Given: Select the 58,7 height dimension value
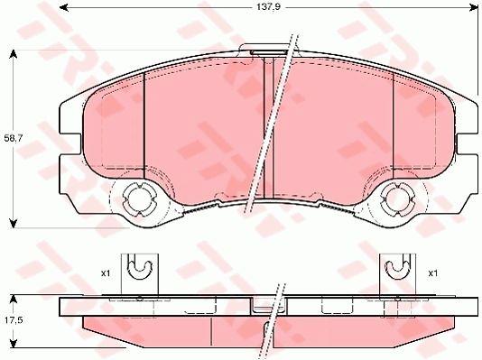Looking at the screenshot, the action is [x=12, y=138].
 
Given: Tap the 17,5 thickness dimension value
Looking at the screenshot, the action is [x=14, y=320].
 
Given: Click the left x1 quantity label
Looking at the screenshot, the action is [x=106, y=272].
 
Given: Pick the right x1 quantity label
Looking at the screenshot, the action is [x=433, y=272].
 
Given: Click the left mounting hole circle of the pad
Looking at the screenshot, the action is [x=137, y=199].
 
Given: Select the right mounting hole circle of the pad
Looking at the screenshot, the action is [x=396, y=199].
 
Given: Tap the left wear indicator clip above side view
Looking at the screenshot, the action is [x=140, y=275].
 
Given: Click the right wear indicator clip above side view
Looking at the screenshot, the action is [x=397, y=275].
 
